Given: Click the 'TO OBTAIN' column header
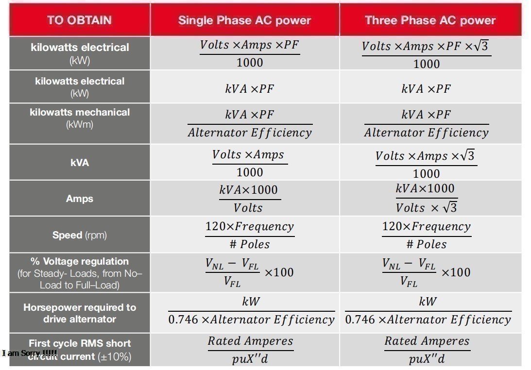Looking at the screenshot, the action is (x=79, y=20).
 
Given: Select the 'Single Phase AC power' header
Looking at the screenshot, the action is (x=244, y=20).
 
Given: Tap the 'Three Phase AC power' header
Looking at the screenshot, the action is (x=430, y=20).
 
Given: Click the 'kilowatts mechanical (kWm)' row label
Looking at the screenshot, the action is (x=80, y=118).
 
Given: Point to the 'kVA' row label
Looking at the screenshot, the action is (x=80, y=163).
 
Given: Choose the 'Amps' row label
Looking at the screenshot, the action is (x=80, y=199).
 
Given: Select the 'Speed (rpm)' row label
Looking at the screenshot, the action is (x=80, y=235).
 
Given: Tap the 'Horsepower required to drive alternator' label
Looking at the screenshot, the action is (x=80, y=313).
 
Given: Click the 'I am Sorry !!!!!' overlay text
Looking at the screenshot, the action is (x=30, y=353).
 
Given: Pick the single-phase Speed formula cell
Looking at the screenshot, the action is (x=250, y=235).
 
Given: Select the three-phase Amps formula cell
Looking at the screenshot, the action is (x=427, y=198).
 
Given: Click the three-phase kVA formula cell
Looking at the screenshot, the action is (x=426, y=164).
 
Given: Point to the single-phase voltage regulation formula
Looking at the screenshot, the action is (x=249, y=272).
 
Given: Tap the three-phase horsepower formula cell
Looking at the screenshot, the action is (x=428, y=311).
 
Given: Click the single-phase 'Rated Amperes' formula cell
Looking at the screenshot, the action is (x=250, y=350).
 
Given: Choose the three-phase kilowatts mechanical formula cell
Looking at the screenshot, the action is (x=427, y=123).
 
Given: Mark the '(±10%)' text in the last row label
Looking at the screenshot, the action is (x=115, y=357).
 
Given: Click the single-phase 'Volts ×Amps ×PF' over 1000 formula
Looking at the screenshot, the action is (x=250, y=53).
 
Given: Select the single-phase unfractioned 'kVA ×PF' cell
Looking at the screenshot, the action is (x=250, y=89).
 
